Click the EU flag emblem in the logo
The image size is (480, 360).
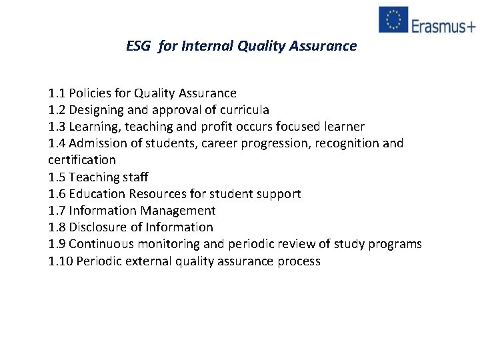click(x=393, y=19)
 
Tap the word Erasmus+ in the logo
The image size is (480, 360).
click(x=443, y=25)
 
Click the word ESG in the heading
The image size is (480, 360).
click(x=139, y=46)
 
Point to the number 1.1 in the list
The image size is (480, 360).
click(x=57, y=93)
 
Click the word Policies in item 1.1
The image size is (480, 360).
click(x=90, y=93)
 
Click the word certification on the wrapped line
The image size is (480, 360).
click(x=82, y=160)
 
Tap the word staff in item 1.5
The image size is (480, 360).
click(x=136, y=177)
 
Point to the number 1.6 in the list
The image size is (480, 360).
click(x=57, y=194)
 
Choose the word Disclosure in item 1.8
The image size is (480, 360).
click(x=97, y=227)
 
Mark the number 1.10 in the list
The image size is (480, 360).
click(x=60, y=261)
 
